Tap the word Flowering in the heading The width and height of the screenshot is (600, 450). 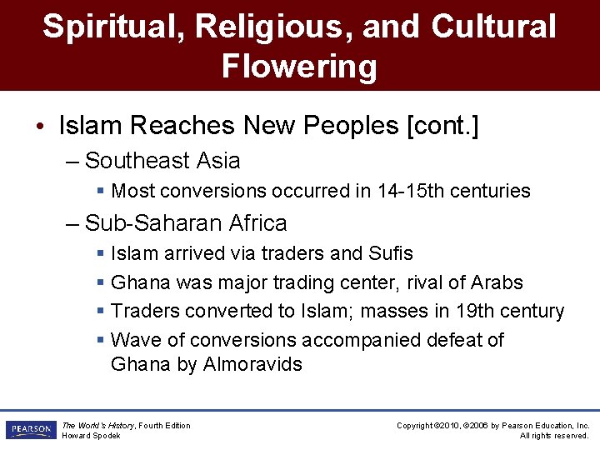(x=299, y=66)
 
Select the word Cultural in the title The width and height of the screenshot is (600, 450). (x=493, y=27)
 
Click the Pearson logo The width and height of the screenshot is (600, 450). (x=30, y=430)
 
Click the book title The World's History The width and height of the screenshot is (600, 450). (x=99, y=426)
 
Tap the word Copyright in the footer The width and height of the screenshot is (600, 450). (x=414, y=426)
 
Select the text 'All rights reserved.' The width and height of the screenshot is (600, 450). (x=554, y=436)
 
